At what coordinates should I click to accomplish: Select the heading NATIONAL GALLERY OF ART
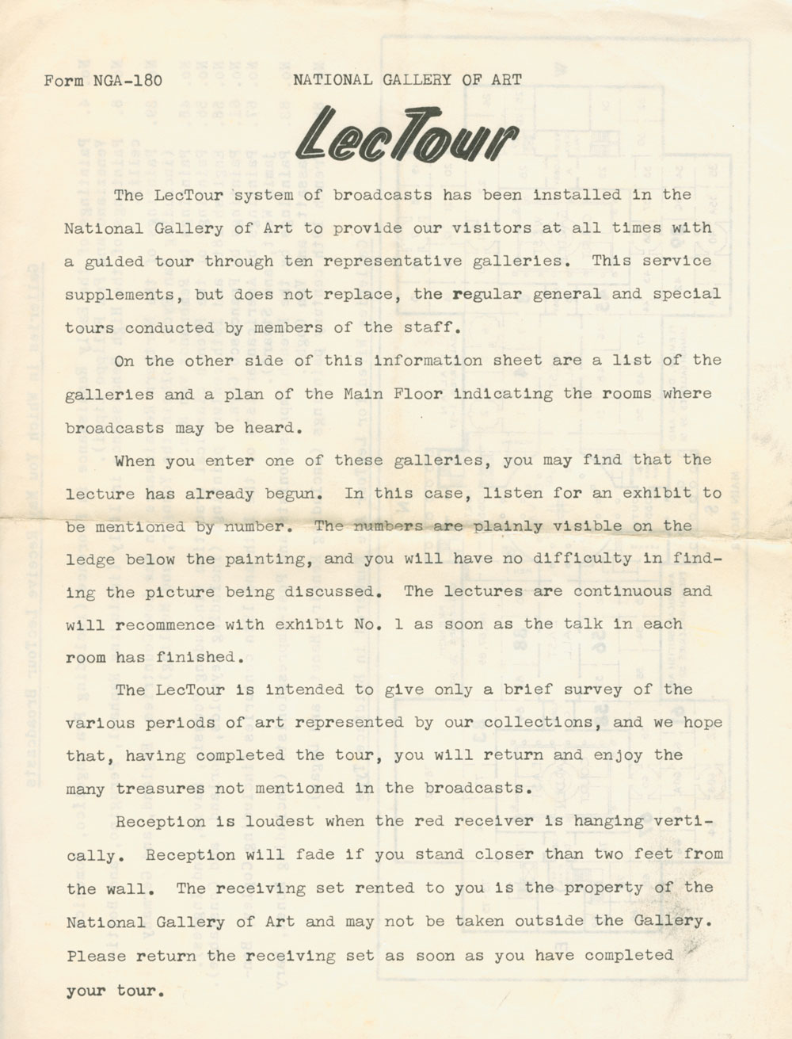(x=407, y=78)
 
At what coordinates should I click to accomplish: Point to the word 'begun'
(x=293, y=492)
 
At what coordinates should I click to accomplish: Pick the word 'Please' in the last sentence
(x=97, y=955)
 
